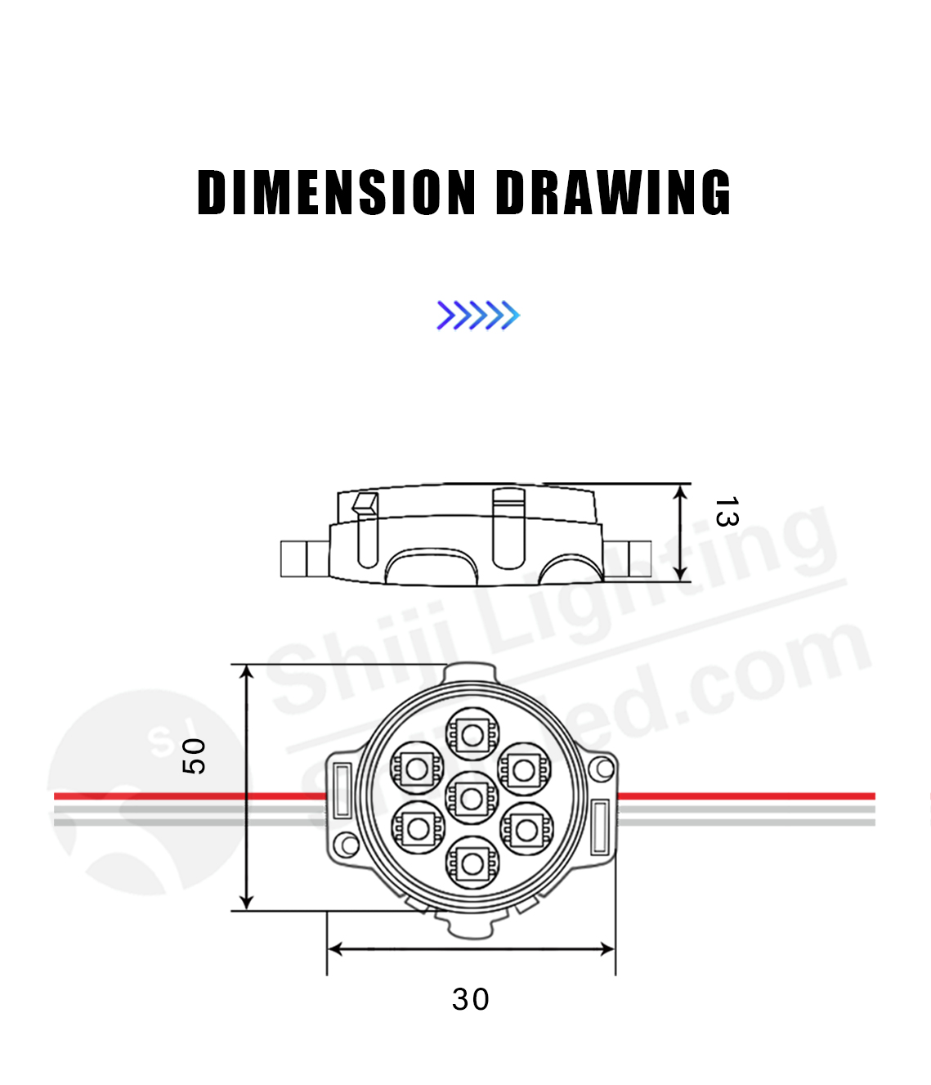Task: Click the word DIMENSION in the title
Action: [x=336, y=193]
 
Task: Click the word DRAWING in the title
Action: [x=613, y=193]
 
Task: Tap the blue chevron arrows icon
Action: [x=478, y=316]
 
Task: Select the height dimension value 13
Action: [x=726, y=512]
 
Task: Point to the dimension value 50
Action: [x=194, y=755]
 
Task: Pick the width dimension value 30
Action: [x=471, y=999]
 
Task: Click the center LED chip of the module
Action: [x=472, y=798]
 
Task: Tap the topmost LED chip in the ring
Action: [x=472, y=734]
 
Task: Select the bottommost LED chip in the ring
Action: [x=472, y=863]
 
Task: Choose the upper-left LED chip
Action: [x=417, y=767]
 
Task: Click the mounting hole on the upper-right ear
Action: [x=604, y=768]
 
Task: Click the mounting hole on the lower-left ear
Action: [x=348, y=845]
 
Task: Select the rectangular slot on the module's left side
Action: [x=342, y=789]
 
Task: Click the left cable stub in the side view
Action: [x=294, y=559]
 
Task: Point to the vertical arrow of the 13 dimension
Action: [x=681, y=532]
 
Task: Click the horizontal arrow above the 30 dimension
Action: [x=471, y=948]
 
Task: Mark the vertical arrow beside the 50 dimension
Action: [x=247, y=787]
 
